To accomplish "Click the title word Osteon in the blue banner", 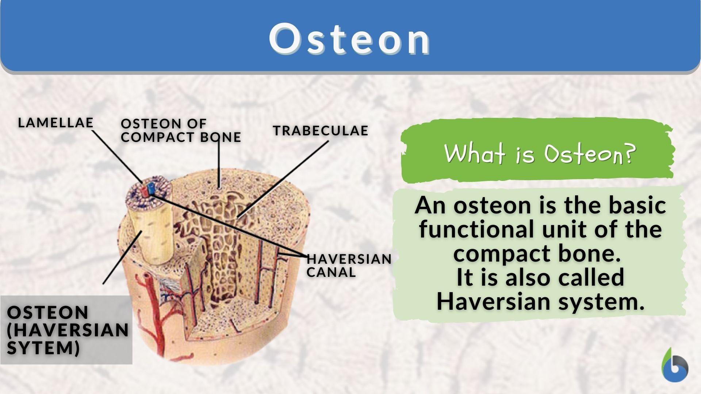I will [350, 39].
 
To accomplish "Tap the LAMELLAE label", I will [55, 123].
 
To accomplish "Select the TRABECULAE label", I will [321, 131].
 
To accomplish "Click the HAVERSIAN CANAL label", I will [349, 266].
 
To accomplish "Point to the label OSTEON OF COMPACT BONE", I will [181, 130].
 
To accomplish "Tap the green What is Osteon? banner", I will [537, 153].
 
